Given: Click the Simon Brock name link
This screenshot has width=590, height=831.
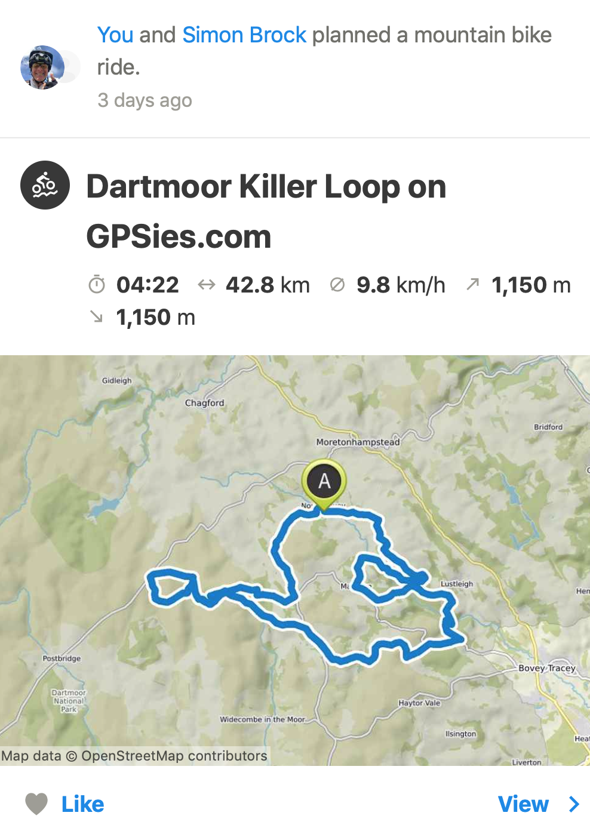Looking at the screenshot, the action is [244, 35].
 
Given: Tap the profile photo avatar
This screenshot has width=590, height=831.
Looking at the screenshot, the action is [42, 67].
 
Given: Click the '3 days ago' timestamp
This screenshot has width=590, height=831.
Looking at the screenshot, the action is [145, 100].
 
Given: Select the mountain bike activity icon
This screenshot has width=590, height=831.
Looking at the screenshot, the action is [45, 185].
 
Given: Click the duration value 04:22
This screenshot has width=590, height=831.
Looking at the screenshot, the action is [147, 285].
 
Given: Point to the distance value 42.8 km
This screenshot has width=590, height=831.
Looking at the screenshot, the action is [268, 285].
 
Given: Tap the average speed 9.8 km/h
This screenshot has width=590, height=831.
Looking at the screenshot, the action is [401, 285].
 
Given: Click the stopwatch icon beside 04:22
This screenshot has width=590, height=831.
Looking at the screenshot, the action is [97, 285].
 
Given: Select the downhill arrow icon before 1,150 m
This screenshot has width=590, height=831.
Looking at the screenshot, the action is [96, 317].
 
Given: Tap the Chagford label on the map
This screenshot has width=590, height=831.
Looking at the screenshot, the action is [205, 403].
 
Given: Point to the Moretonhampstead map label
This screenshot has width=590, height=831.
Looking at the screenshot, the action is [358, 442].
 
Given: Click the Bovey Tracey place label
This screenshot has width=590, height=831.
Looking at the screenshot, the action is [546, 668].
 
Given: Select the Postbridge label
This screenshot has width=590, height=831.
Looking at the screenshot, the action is [62, 658].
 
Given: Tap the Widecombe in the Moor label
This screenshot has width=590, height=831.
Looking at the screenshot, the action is [262, 719].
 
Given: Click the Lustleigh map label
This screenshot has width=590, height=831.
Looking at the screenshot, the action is [457, 584].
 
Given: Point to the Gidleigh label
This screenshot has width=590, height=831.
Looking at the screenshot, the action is [116, 380].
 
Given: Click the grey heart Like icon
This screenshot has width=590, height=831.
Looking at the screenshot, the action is [36, 804].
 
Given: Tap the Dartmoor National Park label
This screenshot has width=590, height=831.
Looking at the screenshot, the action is [69, 701].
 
